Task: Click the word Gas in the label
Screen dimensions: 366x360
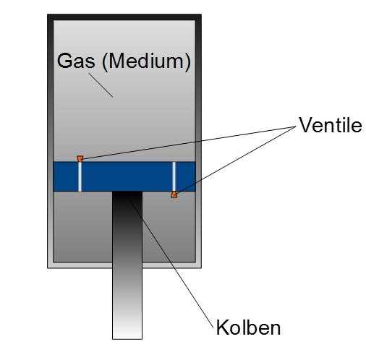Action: (76, 61)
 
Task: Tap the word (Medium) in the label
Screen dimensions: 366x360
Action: (146, 62)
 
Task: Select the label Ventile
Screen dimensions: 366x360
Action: (331, 125)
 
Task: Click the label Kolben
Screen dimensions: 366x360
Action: (248, 327)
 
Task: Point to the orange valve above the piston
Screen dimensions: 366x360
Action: (80, 158)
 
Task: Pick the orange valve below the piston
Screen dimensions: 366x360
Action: (174, 194)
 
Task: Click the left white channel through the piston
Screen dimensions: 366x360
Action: (80, 176)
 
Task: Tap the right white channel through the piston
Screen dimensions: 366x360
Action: (174, 176)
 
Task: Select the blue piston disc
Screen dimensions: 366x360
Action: (124, 176)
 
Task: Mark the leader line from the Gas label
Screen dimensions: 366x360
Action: (101, 85)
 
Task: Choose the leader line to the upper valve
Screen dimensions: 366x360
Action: (190, 142)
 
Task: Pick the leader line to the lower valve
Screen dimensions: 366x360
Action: (237, 160)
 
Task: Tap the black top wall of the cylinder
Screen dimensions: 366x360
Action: (124, 17)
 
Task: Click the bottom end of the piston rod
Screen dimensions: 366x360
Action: (127, 339)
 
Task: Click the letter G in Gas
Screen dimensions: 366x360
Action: (64, 61)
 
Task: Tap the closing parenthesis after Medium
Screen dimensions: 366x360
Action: (187, 62)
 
